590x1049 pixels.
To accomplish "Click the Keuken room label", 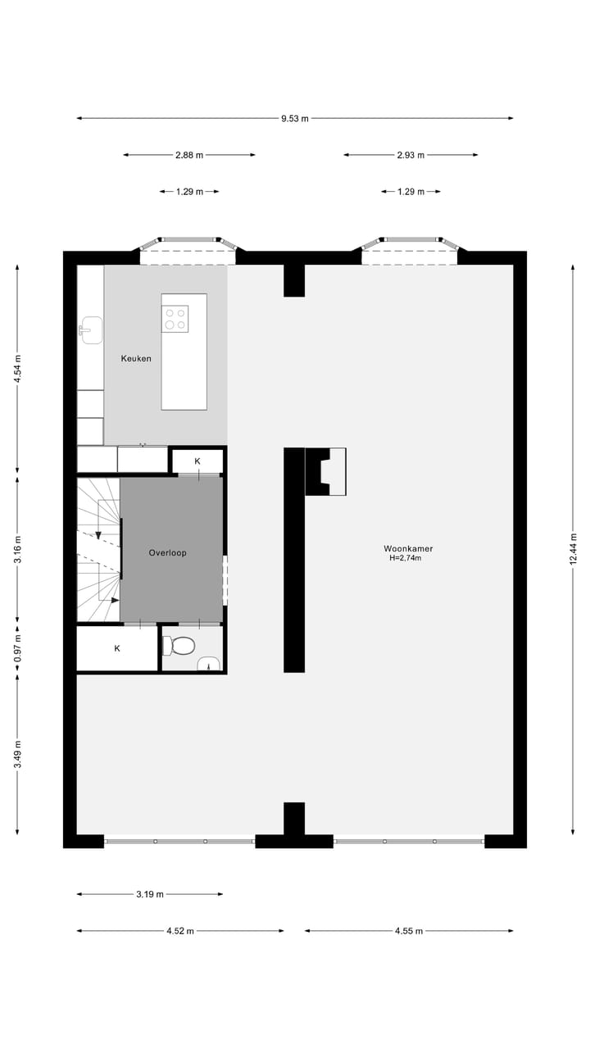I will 136,358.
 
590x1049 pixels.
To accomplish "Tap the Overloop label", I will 167,552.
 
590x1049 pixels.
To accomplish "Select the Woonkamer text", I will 408,548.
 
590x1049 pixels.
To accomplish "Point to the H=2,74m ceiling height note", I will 405,558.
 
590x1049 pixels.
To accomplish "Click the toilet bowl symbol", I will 179,647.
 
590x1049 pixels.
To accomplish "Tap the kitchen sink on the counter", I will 91,330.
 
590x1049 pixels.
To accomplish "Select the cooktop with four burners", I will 175,318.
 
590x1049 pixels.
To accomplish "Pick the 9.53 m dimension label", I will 295,119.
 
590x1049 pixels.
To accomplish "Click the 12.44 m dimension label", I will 574,548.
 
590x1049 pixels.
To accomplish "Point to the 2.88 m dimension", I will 189,155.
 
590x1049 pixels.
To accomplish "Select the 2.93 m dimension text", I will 410,155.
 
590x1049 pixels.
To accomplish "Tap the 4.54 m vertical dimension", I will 18,369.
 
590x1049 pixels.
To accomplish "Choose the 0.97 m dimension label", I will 18,648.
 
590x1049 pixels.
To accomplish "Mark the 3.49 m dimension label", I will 18,754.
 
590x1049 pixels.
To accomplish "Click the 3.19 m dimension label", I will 150,894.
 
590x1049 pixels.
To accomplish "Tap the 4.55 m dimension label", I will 409,931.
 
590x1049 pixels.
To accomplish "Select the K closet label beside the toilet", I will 117,648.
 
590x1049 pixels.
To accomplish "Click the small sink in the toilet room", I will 209,663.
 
